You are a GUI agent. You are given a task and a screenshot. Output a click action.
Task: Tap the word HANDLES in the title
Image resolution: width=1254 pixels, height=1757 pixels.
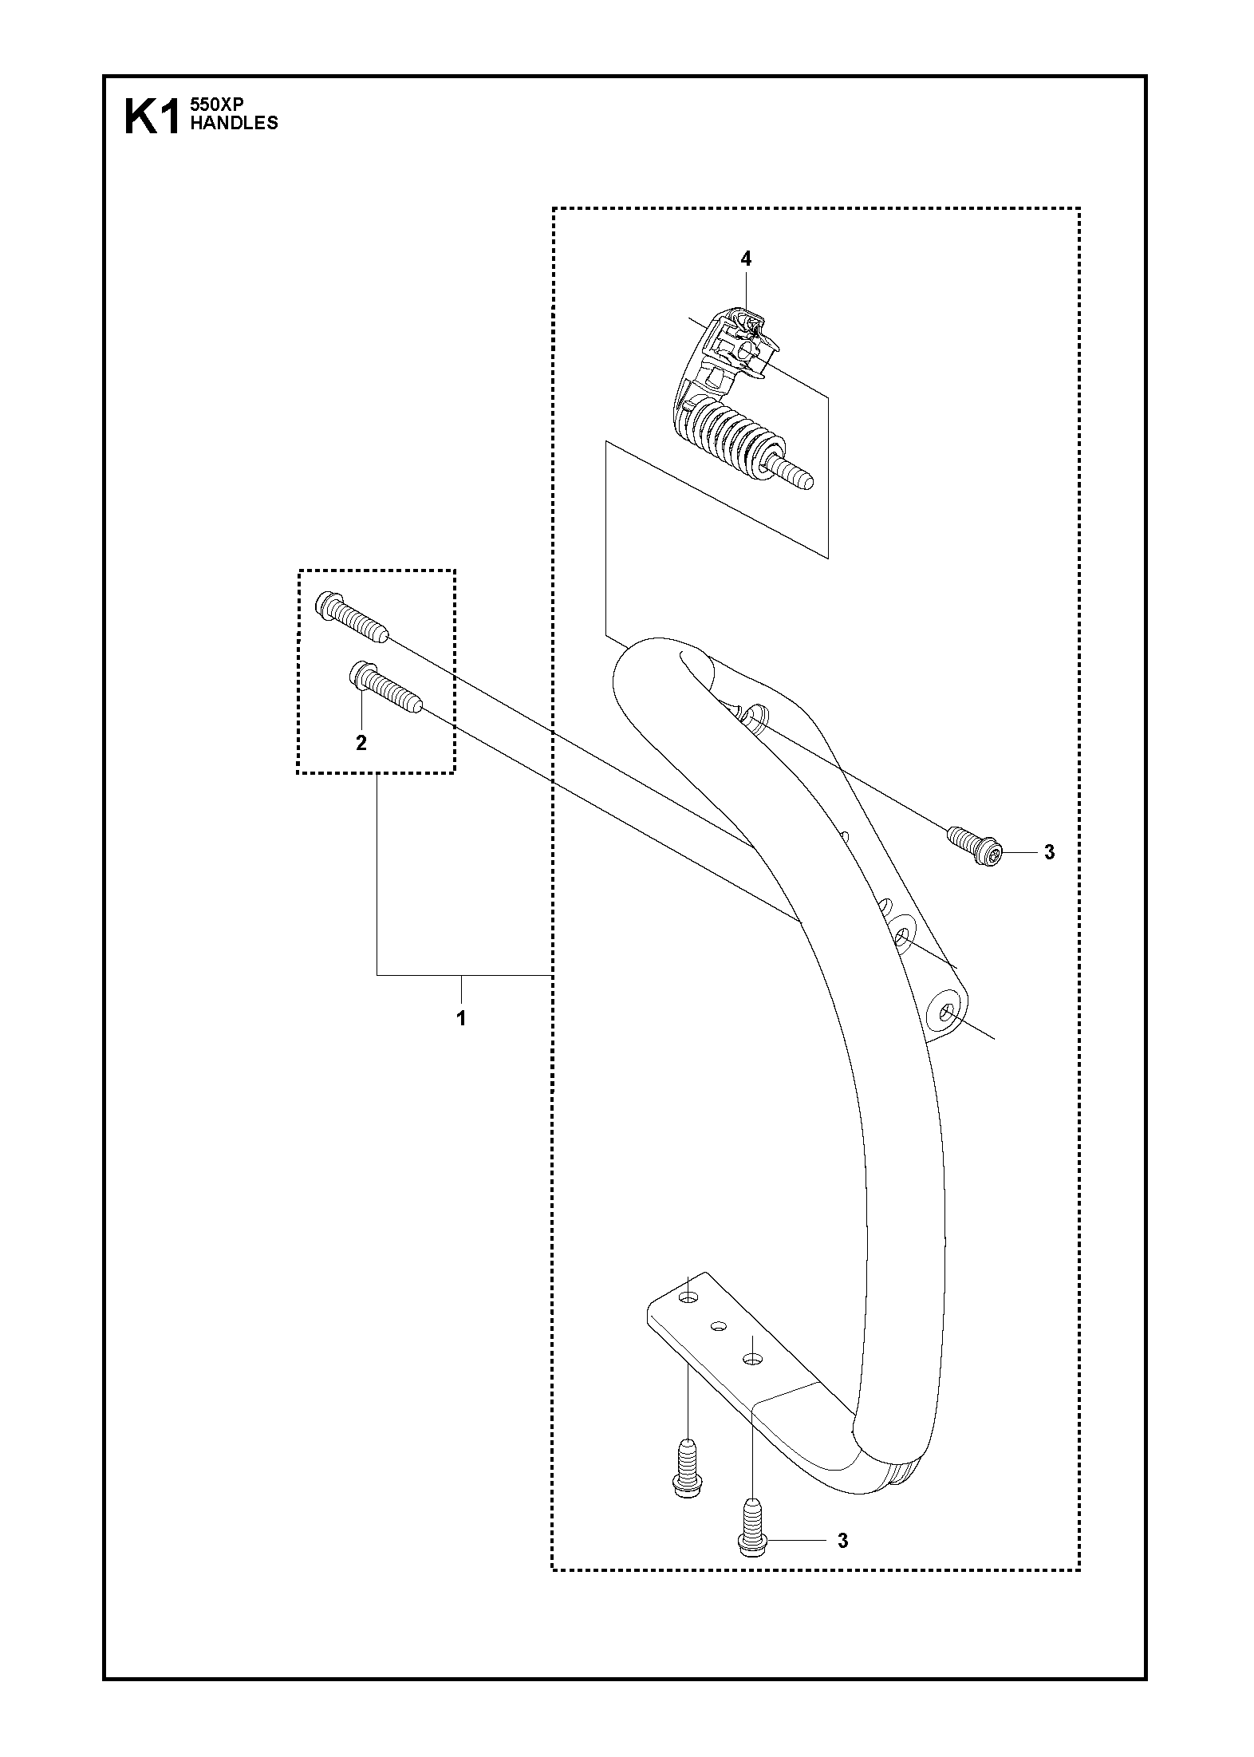pyautogui.click(x=233, y=123)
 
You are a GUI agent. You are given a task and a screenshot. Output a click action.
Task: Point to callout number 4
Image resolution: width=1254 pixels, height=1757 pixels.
pyautogui.click(x=745, y=259)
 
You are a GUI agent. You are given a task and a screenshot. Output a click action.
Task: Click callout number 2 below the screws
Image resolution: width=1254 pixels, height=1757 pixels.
pyautogui.click(x=361, y=743)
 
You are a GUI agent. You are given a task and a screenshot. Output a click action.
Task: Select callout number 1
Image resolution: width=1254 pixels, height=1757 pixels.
pyautogui.click(x=461, y=1018)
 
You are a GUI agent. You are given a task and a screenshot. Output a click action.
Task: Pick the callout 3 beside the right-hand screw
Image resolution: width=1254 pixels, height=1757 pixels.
pyautogui.click(x=1049, y=852)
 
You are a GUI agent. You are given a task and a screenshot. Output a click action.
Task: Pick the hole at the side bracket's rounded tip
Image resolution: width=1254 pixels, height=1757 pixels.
pyautogui.click(x=948, y=1012)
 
